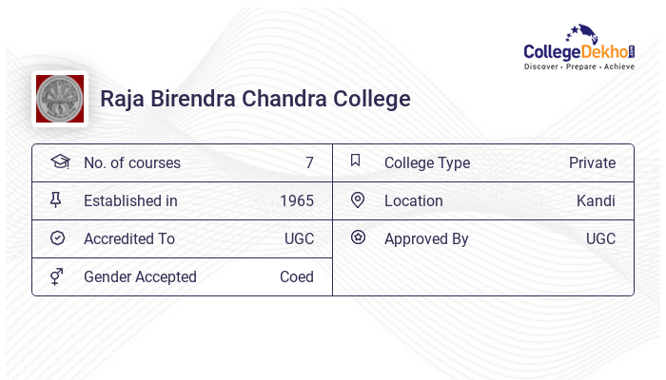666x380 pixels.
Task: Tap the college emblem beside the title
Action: coord(60,99)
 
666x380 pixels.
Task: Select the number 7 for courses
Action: coord(309,162)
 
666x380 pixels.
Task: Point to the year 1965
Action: coord(297,200)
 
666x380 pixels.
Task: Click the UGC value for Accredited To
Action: coord(299,238)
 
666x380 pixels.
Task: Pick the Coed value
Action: coord(297,276)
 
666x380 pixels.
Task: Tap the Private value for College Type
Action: coord(592,162)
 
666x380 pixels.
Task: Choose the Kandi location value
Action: coord(596,200)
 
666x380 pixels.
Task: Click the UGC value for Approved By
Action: coord(600,238)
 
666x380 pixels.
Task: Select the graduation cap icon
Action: coord(59,161)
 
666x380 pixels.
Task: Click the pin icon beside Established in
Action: coord(57,200)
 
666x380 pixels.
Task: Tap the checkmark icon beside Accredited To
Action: coord(57,238)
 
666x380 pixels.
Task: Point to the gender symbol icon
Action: coord(57,276)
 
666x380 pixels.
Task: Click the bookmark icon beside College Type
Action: coord(356,161)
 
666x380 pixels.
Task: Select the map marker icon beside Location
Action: coord(358,200)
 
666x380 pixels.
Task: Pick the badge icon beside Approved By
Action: coord(358,237)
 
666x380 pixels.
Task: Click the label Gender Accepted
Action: coord(140,276)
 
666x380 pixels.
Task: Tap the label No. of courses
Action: coord(131,162)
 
